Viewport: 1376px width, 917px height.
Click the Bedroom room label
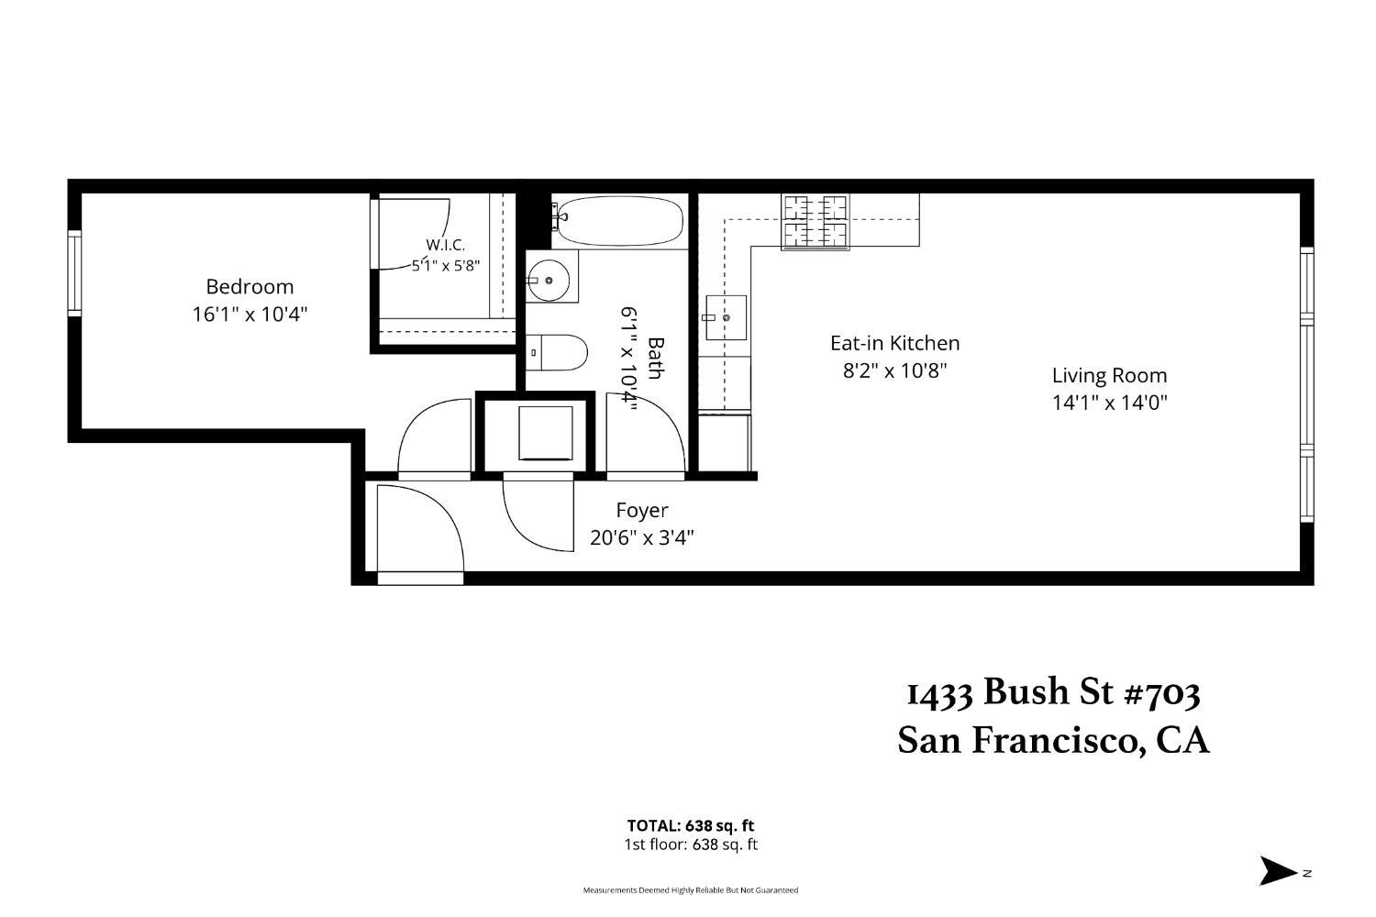[250, 287]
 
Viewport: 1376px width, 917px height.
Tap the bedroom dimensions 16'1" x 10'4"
[250, 315]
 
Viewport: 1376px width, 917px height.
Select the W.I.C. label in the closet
[445, 245]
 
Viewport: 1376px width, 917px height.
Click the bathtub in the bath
[620, 220]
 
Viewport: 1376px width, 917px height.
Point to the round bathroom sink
[549, 281]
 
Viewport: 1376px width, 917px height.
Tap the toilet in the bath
[557, 352]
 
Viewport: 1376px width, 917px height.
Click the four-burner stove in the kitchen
[816, 222]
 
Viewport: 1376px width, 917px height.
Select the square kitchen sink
[726, 317]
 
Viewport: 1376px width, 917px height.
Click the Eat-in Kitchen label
[895, 343]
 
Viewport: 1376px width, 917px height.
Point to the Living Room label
[1109, 375]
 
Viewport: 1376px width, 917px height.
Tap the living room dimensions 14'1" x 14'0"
[1109, 403]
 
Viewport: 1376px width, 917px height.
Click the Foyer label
[642, 511]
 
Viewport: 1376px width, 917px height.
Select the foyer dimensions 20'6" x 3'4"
[642, 538]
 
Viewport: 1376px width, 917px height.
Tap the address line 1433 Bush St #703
[1053, 693]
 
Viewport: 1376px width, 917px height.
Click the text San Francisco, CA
[1053, 741]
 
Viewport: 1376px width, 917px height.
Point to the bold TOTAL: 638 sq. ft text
[691, 825]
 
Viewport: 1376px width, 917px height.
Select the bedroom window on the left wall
[74, 273]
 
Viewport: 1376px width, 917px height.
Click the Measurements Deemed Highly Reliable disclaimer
[691, 890]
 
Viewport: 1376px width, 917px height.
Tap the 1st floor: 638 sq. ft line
[691, 845]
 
